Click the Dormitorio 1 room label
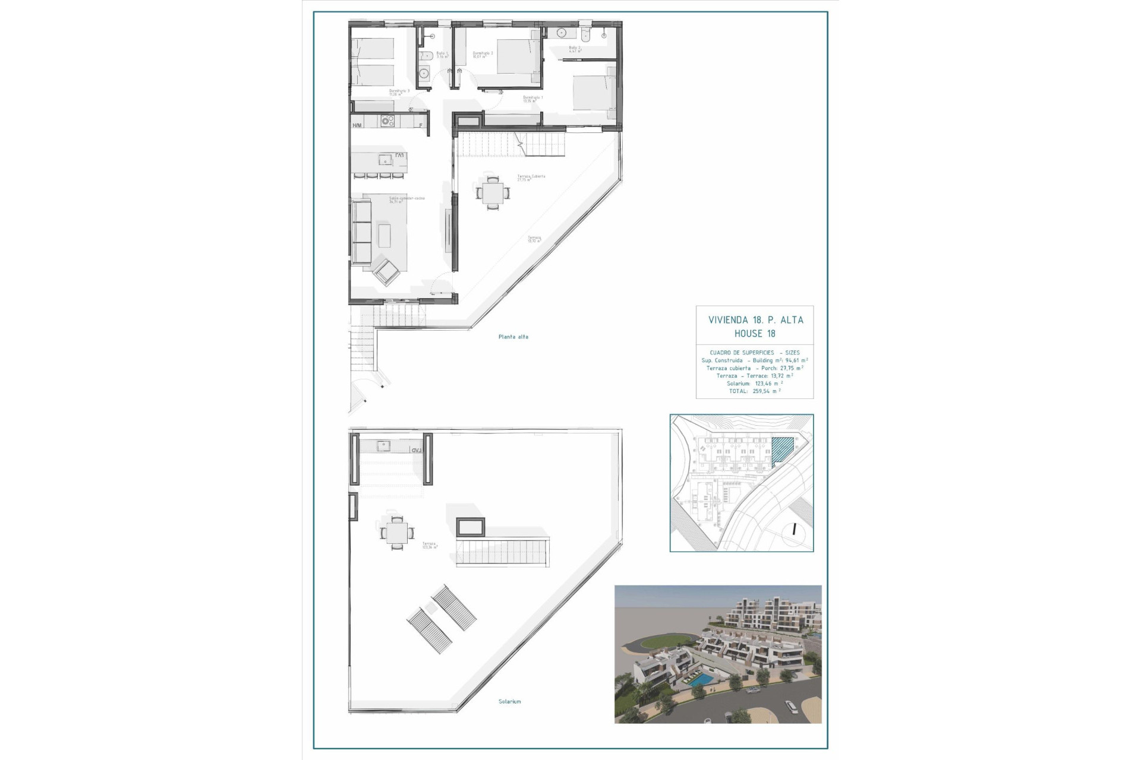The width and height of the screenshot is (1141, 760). click(532, 98)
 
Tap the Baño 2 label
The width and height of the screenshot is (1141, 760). click(574, 49)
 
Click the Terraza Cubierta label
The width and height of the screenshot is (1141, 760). click(531, 177)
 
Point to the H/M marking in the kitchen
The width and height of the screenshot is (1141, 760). click(357, 125)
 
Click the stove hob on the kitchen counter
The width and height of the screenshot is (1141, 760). click(387, 121)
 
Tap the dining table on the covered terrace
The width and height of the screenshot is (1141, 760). click(493, 193)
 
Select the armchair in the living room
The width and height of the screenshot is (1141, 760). click(387, 273)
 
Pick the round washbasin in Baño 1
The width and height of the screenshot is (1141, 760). click(424, 74)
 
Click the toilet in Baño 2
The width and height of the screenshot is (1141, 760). click(587, 34)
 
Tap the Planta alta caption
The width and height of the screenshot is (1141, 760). click(513, 337)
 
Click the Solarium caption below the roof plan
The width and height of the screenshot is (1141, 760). click(509, 701)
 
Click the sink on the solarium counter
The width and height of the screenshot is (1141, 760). click(383, 445)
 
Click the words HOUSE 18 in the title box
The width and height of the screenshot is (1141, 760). click(755, 334)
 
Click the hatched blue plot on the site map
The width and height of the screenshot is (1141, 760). click(781, 450)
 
